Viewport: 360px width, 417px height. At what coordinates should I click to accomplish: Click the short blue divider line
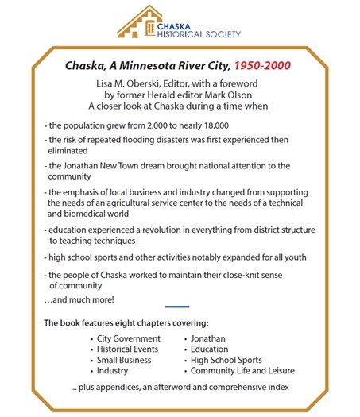(x=177, y=307)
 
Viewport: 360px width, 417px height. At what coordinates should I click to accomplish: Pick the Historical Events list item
(x=129, y=349)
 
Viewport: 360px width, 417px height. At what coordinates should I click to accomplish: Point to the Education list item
(x=209, y=349)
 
